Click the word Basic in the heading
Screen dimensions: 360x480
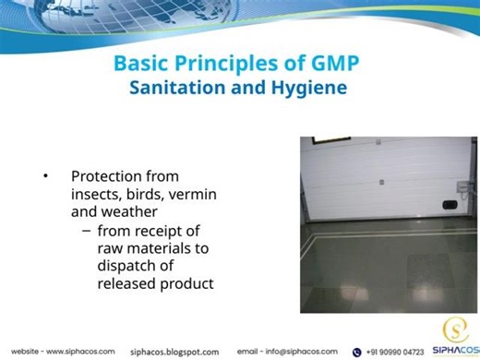tap(144, 65)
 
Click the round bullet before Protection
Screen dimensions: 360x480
tap(44, 175)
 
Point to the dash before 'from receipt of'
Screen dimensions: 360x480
tap(87, 230)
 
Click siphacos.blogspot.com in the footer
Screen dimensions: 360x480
tap(175, 352)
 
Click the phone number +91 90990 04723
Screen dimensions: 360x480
tap(396, 352)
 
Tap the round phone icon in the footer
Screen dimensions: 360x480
tap(356, 352)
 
